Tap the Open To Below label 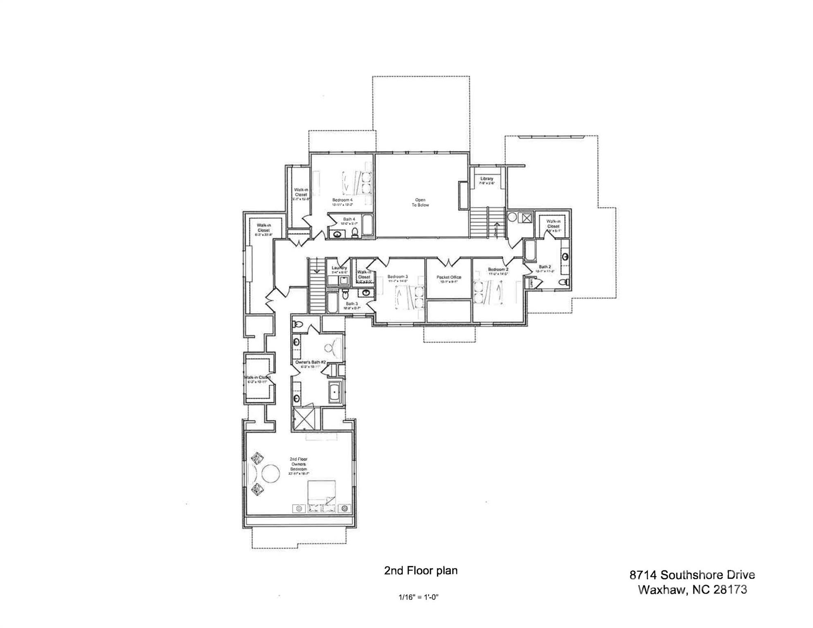pos(420,202)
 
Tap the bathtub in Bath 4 pos(367,225)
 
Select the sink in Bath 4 pos(338,234)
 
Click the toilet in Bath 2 pos(564,282)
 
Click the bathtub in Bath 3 pos(332,303)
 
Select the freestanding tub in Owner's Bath pos(335,392)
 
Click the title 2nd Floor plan pos(420,570)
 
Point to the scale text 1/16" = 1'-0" pos(418,597)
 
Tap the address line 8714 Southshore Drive pos(692,575)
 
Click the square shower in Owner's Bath pos(304,418)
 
